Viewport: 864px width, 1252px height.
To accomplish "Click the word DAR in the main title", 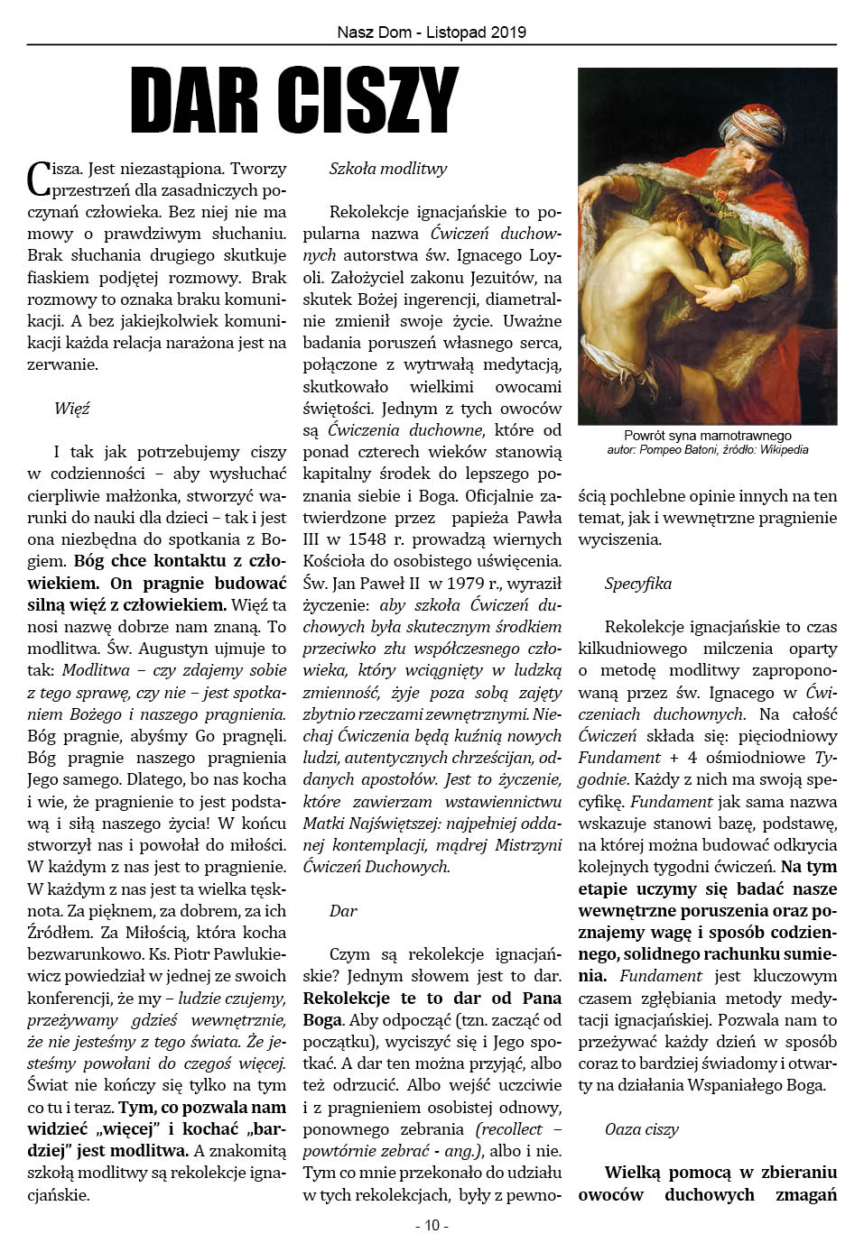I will (x=195, y=100).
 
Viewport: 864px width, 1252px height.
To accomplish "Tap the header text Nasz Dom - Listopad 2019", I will (x=432, y=32).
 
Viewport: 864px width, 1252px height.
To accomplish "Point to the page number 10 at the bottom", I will (x=432, y=1225).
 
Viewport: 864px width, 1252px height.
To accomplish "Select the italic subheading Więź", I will (x=72, y=409).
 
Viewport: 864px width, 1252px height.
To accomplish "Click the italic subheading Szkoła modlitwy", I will (x=388, y=169).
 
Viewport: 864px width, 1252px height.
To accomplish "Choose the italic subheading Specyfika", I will (x=638, y=584).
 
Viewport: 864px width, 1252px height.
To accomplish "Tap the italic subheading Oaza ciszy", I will (x=642, y=1129).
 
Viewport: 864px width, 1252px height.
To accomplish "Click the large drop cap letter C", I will (x=39, y=178).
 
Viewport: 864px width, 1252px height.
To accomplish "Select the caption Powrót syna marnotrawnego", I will (x=708, y=436).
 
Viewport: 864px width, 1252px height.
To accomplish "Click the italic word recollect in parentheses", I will (x=511, y=1129).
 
